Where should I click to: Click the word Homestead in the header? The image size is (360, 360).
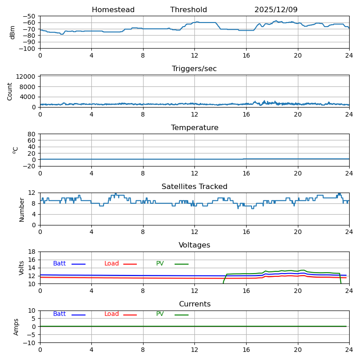(x=113, y=10)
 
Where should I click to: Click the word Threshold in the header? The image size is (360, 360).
(x=189, y=10)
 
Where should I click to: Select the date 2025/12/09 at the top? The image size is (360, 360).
(x=276, y=10)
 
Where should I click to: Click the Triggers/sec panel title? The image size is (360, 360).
(x=194, y=69)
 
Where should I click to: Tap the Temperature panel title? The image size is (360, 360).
(x=194, y=128)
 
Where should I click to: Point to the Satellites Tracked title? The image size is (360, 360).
(x=194, y=187)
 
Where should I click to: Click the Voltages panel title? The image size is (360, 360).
(x=194, y=245)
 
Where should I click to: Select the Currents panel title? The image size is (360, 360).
(x=194, y=304)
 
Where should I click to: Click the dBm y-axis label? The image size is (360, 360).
(x=13, y=32)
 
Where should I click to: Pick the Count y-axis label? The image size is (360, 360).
(x=10, y=91)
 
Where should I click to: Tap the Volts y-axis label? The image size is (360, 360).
(x=22, y=268)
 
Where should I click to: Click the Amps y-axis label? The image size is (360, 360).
(x=16, y=327)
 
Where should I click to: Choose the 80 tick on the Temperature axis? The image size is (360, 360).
(x=32, y=134)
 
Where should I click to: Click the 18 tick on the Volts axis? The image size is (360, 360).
(x=32, y=252)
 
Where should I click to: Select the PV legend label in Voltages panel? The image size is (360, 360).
(x=160, y=264)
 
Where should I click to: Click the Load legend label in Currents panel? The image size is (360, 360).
(x=112, y=314)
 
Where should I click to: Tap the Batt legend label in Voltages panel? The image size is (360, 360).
(x=59, y=264)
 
